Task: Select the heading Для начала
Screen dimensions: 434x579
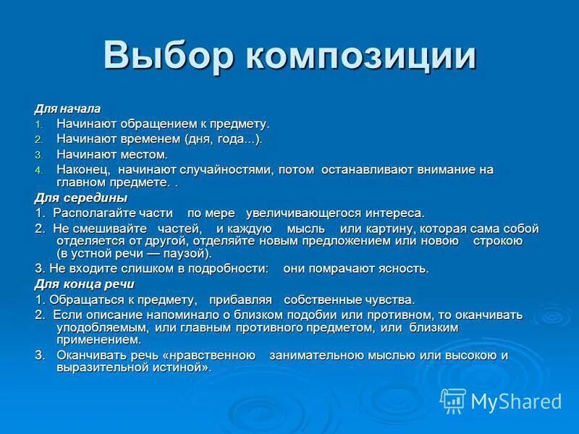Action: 67,109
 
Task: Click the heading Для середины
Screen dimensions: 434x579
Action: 80,197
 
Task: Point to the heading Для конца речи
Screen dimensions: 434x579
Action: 84,284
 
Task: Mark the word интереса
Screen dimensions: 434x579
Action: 397,213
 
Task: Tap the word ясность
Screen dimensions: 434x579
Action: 405,268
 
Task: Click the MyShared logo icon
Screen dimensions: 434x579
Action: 454,400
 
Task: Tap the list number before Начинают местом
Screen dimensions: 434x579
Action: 40,155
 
